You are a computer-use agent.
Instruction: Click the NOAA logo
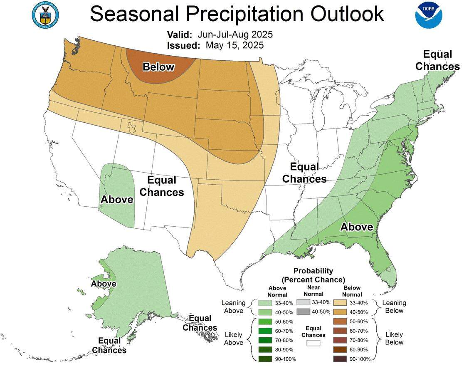pyautogui.click(x=428, y=15)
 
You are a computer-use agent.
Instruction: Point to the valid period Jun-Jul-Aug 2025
pyautogui.click(x=235, y=34)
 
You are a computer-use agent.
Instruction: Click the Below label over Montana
pyautogui.click(x=158, y=67)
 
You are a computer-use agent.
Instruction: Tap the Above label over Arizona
pyautogui.click(x=117, y=200)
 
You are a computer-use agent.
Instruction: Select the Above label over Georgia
pyautogui.click(x=357, y=227)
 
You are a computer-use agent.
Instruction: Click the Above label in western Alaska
pyautogui.click(x=104, y=284)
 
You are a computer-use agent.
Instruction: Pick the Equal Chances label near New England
pyautogui.click(x=437, y=60)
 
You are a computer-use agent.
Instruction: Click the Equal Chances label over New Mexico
pyautogui.click(x=162, y=186)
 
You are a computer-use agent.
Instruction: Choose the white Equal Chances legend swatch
pyautogui.click(x=313, y=343)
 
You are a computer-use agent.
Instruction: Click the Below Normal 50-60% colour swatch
pyautogui.click(x=340, y=321)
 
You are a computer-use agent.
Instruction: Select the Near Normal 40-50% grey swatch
pyautogui.click(x=303, y=312)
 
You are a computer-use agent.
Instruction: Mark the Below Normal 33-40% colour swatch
pyautogui.click(x=340, y=302)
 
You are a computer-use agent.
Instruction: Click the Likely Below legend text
pyautogui.click(x=394, y=338)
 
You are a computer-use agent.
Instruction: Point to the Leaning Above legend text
pyautogui.click(x=234, y=307)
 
